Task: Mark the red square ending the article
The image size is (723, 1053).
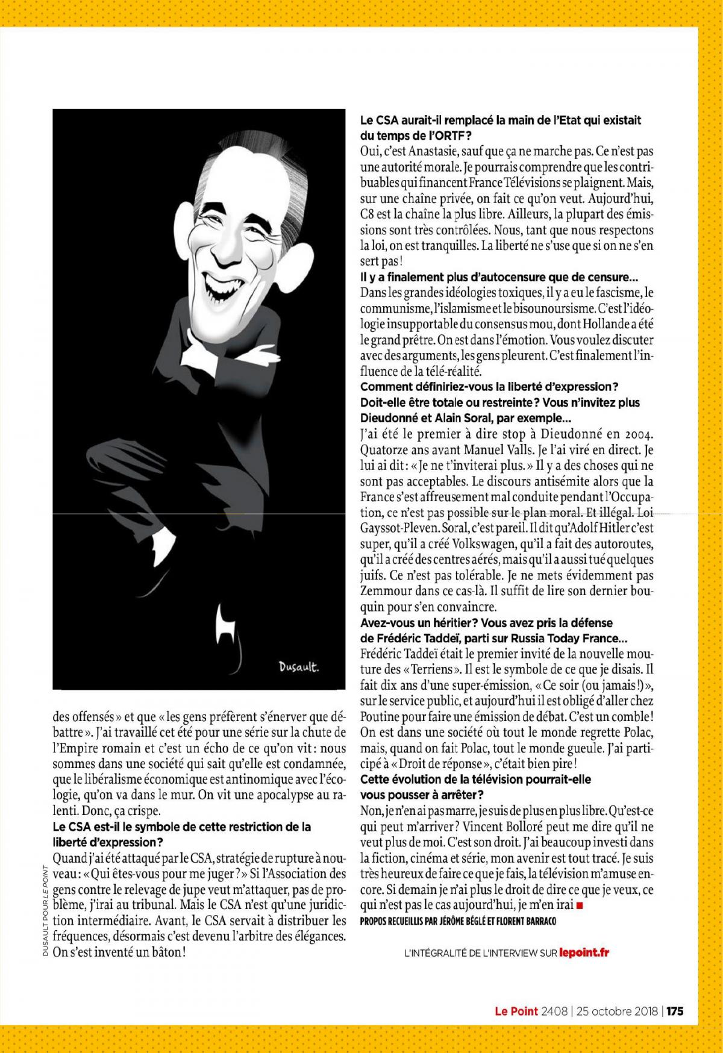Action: [580, 905]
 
